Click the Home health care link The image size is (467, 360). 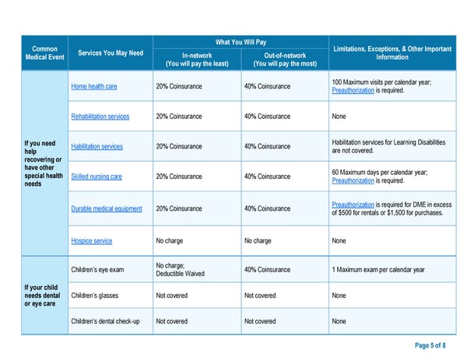click(x=95, y=86)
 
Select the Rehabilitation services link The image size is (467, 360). click(x=100, y=117)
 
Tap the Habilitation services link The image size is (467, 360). click(x=97, y=146)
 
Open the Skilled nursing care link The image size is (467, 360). click(x=97, y=177)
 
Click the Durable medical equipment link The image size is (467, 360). click(x=107, y=208)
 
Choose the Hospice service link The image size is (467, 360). click(x=92, y=241)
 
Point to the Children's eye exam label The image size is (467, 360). click(x=97, y=270)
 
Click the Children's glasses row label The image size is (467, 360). click(x=96, y=295)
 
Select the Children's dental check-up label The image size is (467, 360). click(x=105, y=321)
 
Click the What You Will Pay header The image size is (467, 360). click(x=241, y=43)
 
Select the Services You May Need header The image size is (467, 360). click(x=111, y=53)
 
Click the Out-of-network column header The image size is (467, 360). click(x=285, y=59)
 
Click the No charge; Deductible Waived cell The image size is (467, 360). click(x=179, y=270)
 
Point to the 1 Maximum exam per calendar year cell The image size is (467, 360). click(x=377, y=270)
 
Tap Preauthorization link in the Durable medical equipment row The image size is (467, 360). click(x=353, y=204)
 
